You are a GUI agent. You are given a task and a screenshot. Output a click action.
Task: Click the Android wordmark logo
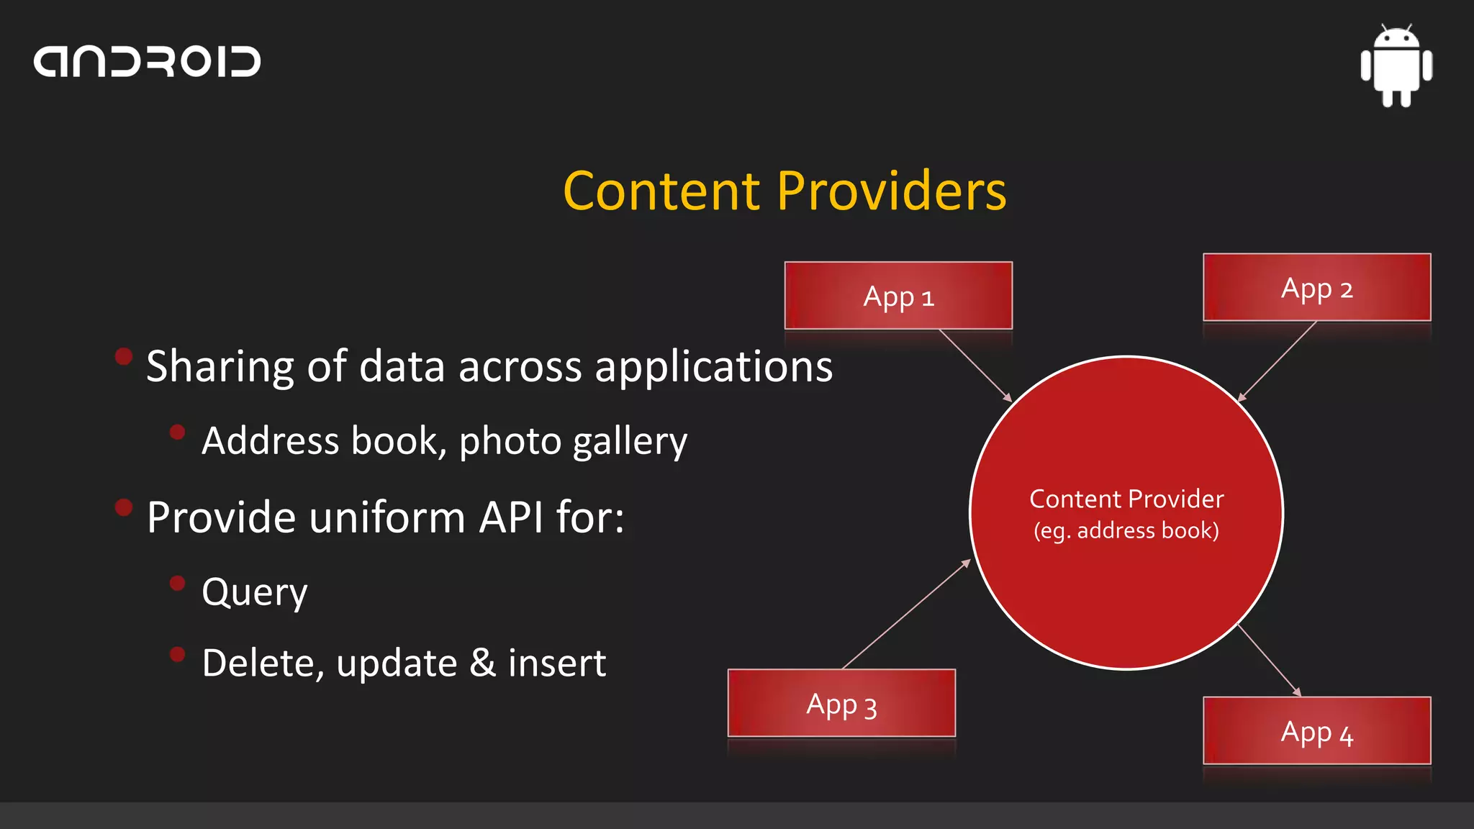(147, 62)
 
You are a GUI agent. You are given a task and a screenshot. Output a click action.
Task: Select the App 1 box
(898, 296)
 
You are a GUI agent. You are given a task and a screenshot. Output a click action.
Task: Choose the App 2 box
(1316, 288)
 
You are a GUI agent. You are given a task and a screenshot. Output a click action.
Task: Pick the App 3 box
(841, 704)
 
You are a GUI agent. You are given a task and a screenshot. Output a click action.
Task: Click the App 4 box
(1316, 731)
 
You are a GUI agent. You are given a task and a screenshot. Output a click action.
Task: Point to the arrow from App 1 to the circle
(975, 366)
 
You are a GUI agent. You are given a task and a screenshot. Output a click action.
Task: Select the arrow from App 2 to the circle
(1278, 361)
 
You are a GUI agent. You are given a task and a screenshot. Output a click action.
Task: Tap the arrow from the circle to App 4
(1270, 660)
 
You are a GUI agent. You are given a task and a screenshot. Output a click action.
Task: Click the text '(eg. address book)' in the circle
(1126, 531)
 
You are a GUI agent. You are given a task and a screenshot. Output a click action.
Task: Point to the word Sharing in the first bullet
(220, 367)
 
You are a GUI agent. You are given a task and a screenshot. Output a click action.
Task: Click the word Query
(255, 592)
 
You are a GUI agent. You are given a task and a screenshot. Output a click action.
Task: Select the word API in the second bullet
(511, 517)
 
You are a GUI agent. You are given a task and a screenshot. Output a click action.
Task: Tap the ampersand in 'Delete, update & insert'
(482, 663)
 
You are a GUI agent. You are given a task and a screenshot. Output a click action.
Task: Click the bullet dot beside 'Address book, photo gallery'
(177, 432)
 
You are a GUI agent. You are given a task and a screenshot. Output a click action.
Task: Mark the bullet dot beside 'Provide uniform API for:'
(124, 507)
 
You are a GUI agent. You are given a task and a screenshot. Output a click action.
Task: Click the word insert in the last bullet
(556, 663)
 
